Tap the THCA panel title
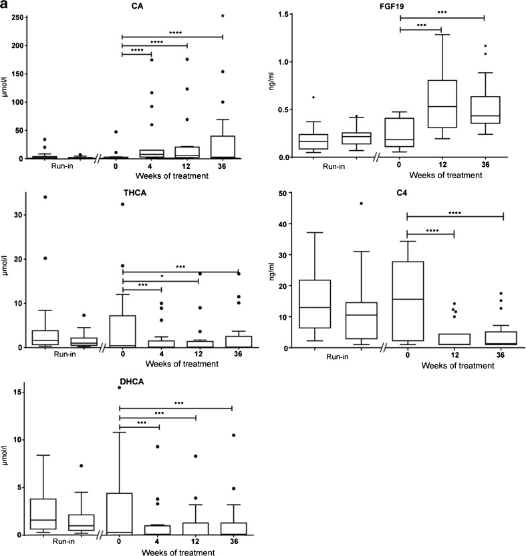[x=136, y=188]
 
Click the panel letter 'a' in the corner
[x=5, y=5]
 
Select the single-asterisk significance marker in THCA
[x=161, y=275]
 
